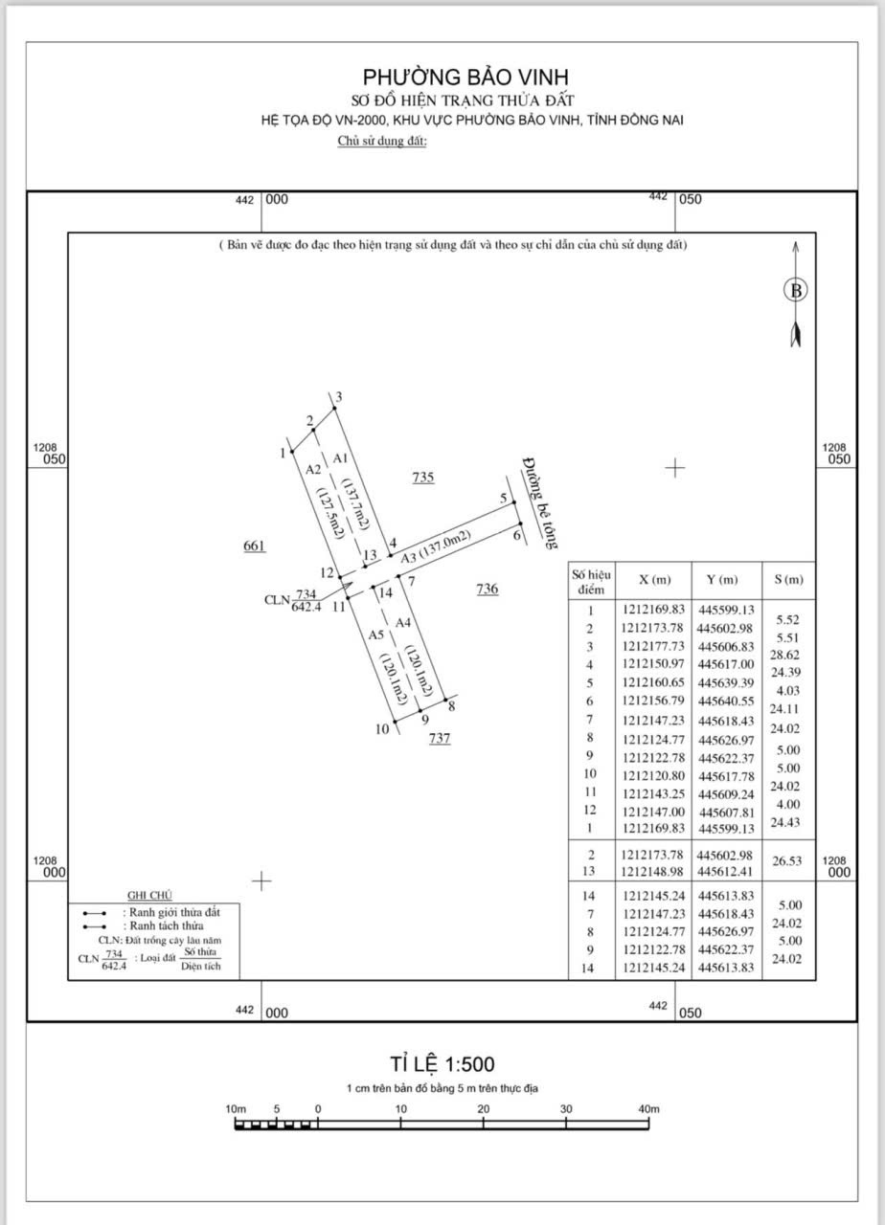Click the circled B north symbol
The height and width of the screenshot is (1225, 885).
point(796,290)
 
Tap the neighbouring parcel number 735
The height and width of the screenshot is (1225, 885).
point(423,478)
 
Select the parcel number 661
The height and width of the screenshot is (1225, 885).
point(254,546)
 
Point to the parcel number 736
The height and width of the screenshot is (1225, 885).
point(488,589)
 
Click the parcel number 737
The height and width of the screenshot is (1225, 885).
point(440,738)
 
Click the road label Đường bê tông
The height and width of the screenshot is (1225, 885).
point(539,503)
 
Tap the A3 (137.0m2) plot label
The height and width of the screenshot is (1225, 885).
point(436,546)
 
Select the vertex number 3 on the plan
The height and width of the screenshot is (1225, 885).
point(339,396)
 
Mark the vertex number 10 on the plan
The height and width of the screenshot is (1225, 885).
point(382,728)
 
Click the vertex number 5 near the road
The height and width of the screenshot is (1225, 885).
point(504,499)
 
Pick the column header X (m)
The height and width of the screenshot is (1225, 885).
point(654,580)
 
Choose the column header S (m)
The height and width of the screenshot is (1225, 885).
point(788,580)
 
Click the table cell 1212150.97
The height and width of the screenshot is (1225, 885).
point(653,664)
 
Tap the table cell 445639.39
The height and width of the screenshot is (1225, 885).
point(726,682)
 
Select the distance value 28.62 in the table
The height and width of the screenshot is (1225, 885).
point(784,655)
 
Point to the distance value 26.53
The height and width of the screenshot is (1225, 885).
point(787,860)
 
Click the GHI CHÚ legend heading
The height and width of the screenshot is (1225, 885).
point(150,895)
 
